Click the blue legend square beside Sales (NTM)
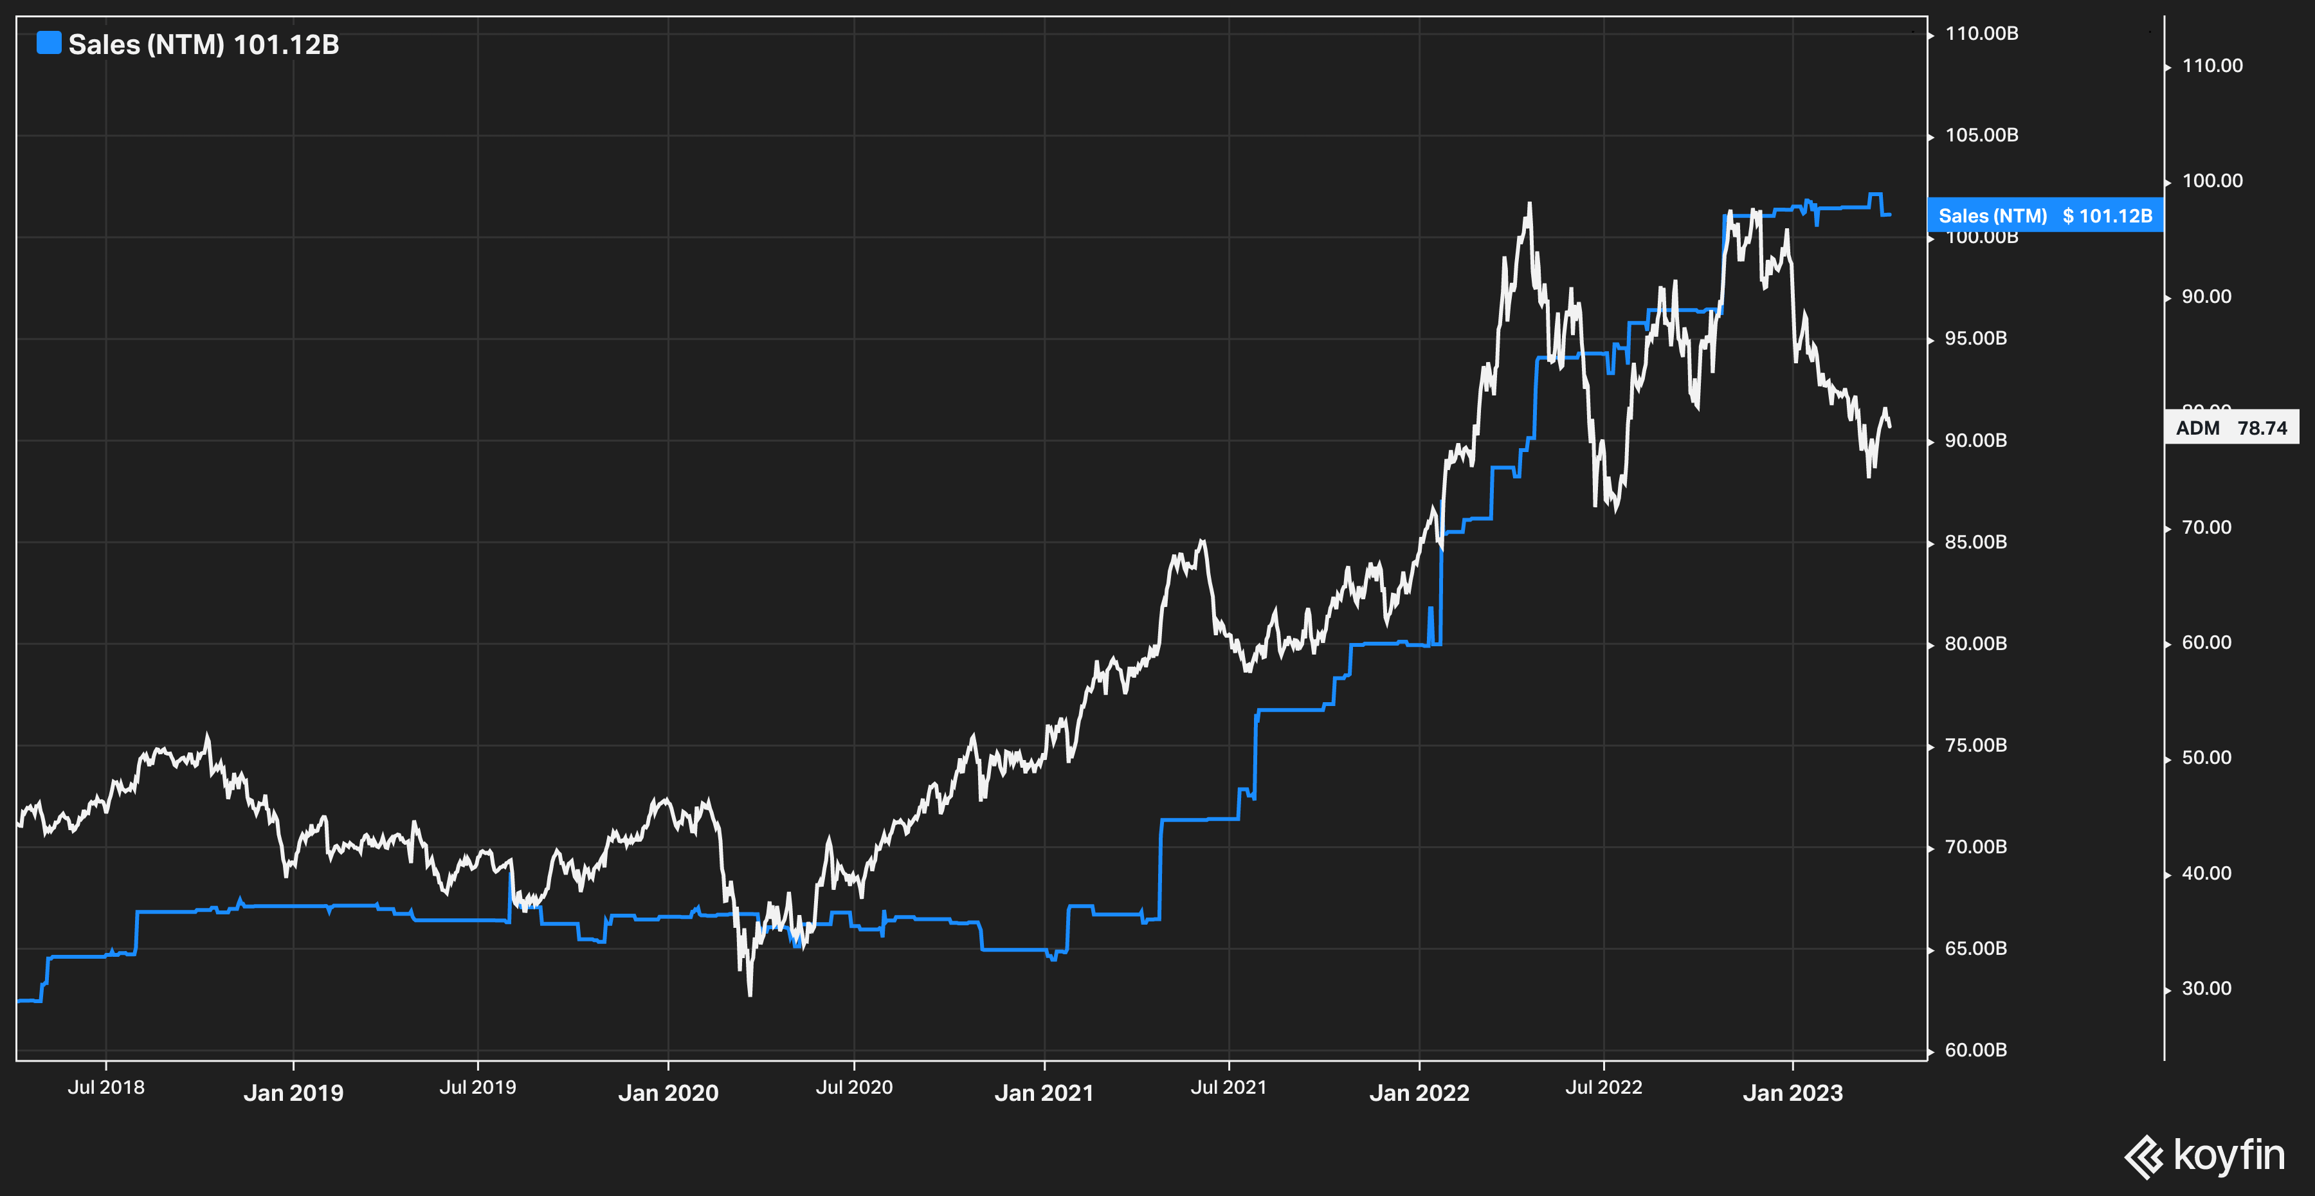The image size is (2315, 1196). coord(48,43)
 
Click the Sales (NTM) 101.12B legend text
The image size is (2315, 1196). coord(204,45)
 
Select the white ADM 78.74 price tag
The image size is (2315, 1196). coord(2231,428)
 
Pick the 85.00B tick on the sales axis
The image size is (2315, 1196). coord(1975,542)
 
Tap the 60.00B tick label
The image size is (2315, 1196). coord(1975,1049)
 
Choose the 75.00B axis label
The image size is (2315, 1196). coord(1975,745)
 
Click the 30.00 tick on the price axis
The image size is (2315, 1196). coord(2206,988)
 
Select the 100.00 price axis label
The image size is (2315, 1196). coord(2211,181)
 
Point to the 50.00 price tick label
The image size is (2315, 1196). coord(2206,757)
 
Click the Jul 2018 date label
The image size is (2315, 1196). coord(106,1087)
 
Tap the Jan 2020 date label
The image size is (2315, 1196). coord(667,1092)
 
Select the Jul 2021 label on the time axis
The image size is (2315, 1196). coord(1228,1087)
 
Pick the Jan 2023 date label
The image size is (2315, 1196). coord(1792,1092)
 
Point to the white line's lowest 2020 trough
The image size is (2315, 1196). coord(750,994)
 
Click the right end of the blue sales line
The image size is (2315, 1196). coord(1890,215)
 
